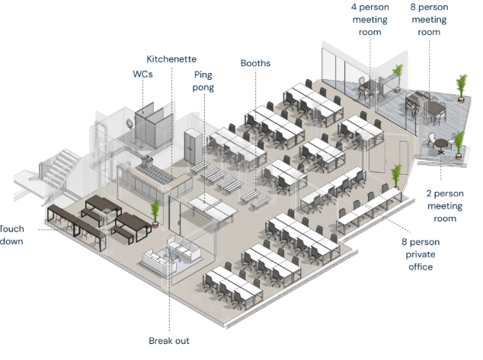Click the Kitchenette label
click(x=171, y=59)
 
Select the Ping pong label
click(x=203, y=81)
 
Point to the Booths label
click(x=255, y=63)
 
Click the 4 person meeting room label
click(x=369, y=20)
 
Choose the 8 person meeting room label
click(x=429, y=20)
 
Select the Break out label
click(x=169, y=340)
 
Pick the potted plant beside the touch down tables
click(x=156, y=212)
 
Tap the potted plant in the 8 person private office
click(x=395, y=177)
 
